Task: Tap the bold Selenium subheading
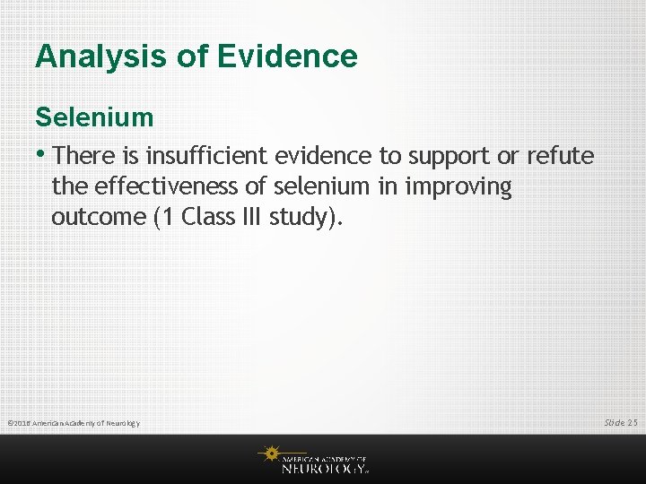pos(94,117)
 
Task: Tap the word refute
pos(560,156)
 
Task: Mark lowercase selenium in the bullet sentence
pos(320,186)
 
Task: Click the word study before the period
pos(301,218)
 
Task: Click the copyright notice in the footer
pos(73,423)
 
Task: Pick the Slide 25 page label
pos(620,422)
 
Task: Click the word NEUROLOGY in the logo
pos(323,467)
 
